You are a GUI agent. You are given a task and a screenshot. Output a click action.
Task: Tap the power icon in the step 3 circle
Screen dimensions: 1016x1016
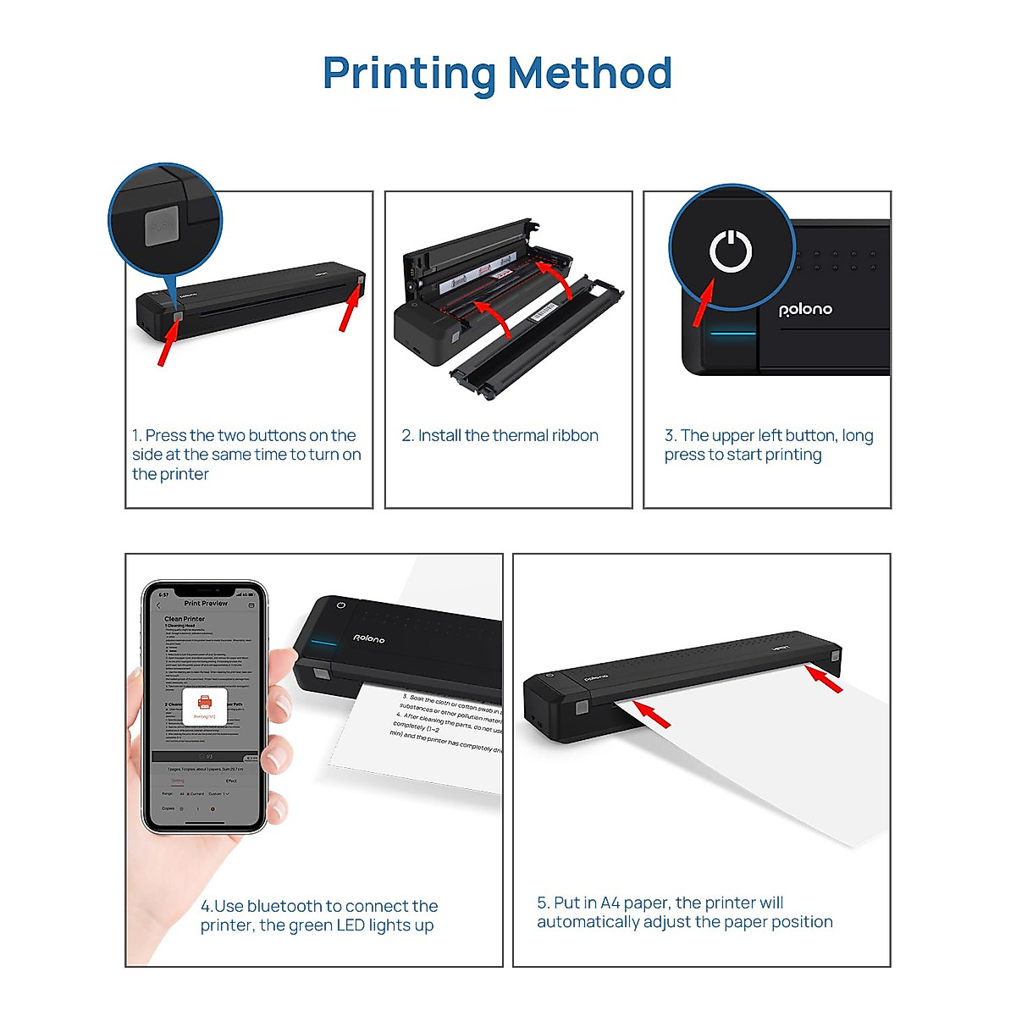coord(731,251)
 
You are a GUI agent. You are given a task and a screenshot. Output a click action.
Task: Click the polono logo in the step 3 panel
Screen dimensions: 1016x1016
coord(805,310)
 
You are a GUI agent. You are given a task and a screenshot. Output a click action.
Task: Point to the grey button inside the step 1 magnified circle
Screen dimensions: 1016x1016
coord(161,226)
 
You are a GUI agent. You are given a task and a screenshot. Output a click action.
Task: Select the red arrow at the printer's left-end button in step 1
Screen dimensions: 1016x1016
coord(168,344)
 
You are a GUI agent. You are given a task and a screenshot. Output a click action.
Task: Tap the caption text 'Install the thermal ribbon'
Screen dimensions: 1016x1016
coord(508,436)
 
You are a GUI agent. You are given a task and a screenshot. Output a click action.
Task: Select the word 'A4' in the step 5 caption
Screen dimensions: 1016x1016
coord(610,903)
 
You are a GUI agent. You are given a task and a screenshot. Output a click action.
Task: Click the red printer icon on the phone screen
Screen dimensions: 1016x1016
coord(204,703)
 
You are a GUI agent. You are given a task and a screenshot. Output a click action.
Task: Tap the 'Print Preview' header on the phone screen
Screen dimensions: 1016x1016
coord(206,604)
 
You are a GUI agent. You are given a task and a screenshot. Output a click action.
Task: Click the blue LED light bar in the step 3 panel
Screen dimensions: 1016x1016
coord(732,333)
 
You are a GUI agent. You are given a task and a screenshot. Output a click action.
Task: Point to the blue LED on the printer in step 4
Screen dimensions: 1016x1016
coord(323,642)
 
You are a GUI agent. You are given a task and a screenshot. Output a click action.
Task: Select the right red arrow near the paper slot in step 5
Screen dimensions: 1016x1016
coord(824,679)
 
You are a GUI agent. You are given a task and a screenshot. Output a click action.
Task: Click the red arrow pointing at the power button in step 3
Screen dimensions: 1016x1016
coord(703,305)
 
